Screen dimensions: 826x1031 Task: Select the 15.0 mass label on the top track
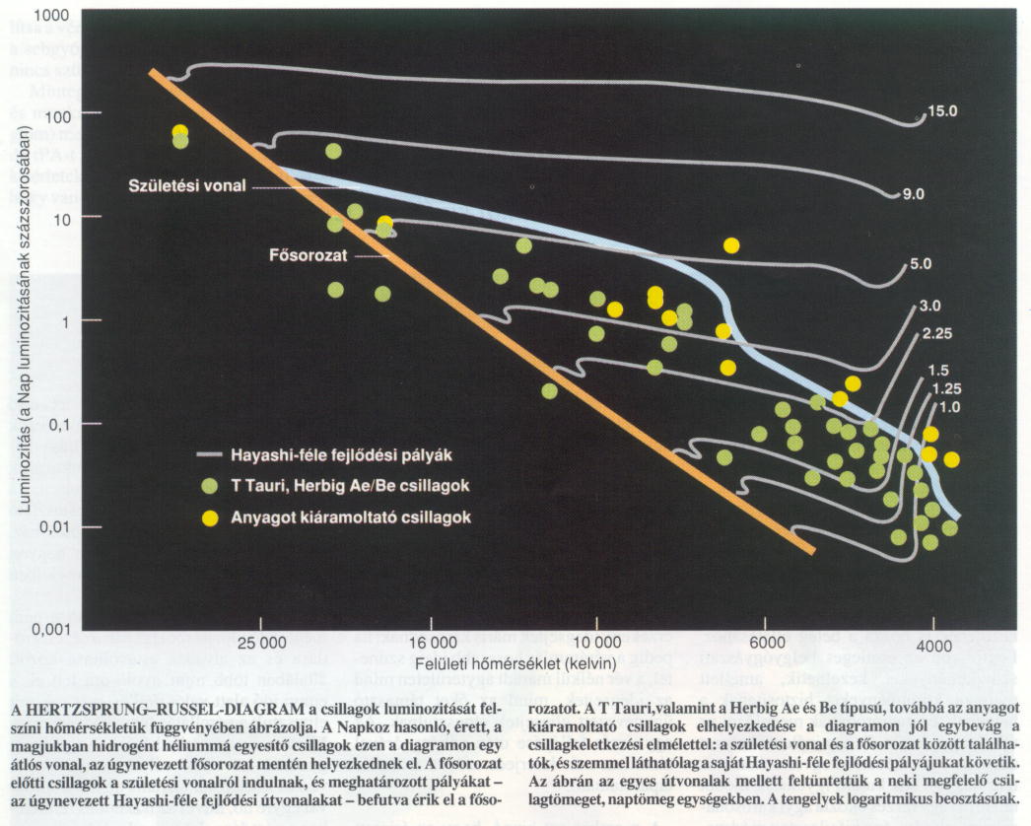tap(942, 111)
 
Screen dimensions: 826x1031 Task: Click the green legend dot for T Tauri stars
tap(208, 486)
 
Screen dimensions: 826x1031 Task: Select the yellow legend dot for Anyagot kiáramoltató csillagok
tap(208, 516)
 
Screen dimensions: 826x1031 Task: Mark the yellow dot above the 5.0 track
tap(730, 245)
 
